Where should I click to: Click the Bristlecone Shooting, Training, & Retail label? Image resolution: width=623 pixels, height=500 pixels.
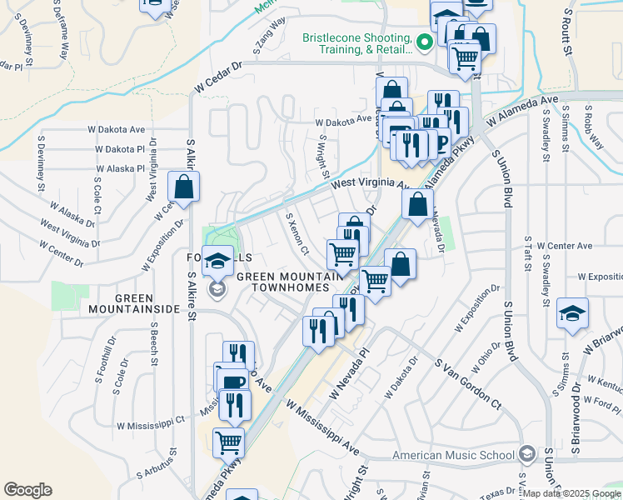click(x=356, y=44)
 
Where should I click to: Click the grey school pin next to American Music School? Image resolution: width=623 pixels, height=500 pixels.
click(x=526, y=454)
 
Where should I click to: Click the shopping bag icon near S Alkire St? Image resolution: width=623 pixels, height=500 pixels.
click(x=183, y=187)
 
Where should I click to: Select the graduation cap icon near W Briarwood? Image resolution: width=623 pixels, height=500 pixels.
click(x=572, y=313)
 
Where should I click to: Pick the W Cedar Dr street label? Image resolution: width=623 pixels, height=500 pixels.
click(x=218, y=77)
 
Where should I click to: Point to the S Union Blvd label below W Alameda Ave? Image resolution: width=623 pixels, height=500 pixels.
click(x=505, y=178)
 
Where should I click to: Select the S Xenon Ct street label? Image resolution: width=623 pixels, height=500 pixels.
click(x=297, y=233)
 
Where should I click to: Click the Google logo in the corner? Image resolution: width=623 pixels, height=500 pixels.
click(x=27, y=490)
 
